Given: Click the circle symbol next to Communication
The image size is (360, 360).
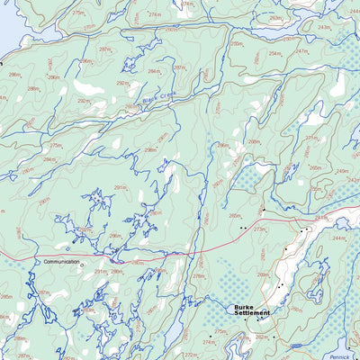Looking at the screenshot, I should pos(80,265).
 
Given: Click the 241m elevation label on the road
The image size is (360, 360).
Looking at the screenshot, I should pos(321,218).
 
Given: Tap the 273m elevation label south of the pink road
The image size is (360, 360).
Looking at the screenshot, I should pos(260,230).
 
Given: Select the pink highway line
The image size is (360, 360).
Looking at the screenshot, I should pos(180,252).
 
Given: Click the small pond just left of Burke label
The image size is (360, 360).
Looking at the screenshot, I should pos(225,310).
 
